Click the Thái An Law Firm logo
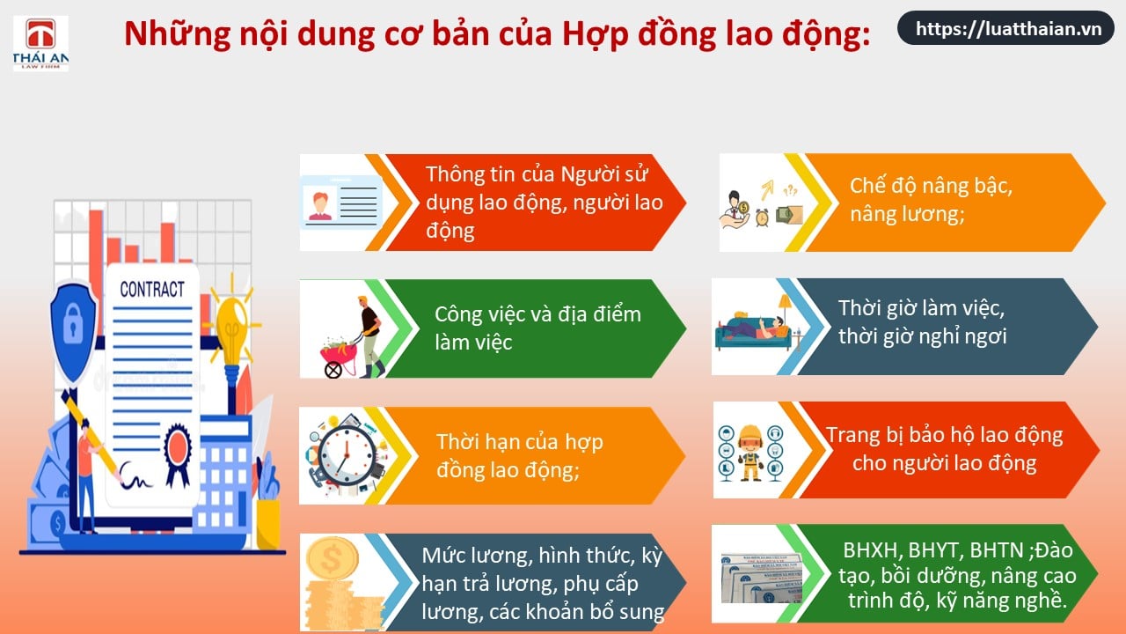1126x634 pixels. (x=40, y=43)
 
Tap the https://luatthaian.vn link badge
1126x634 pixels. (x=1005, y=28)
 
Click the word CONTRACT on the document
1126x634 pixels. (x=152, y=290)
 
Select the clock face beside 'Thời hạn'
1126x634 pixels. (x=347, y=456)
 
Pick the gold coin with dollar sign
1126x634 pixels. (x=333, y=558)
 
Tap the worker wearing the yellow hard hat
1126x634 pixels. (x=750, y=452)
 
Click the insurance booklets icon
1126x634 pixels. (x=762, y=578)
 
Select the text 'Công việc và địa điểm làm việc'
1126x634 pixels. (x=537, y=328)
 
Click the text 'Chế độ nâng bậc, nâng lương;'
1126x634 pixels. (x=931, y=200)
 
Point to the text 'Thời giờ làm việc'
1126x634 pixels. (x=921, y=307)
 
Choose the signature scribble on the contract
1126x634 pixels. (x=135, y=476)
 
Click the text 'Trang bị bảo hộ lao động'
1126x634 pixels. (x=945, y=436)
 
